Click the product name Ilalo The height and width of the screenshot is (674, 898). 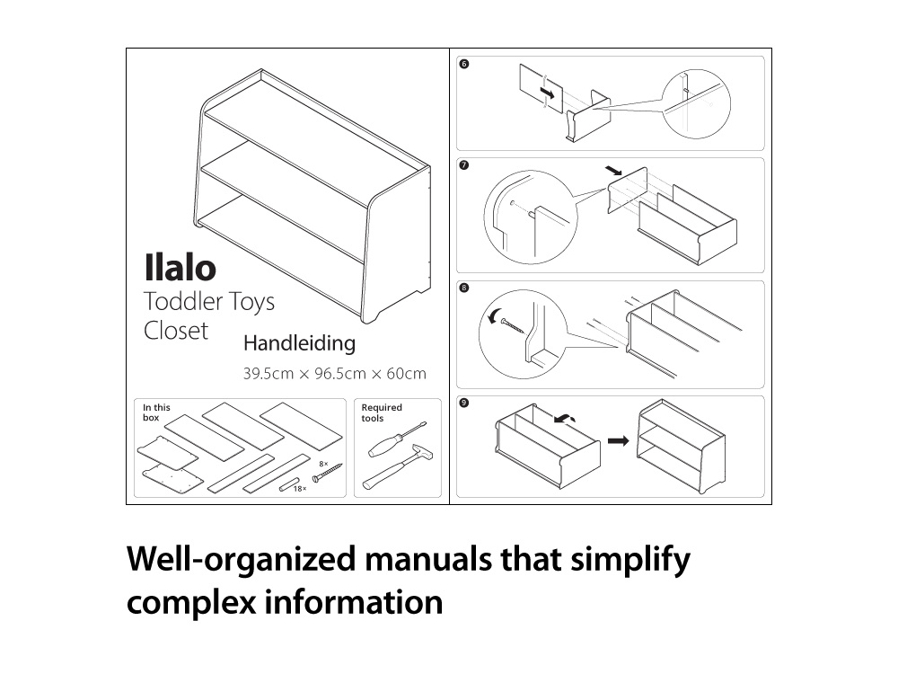[180, 268]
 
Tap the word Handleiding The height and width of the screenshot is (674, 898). [300, 343]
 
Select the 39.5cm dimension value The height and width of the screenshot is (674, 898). [269, 374]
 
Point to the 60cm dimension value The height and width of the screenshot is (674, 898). [407, 374]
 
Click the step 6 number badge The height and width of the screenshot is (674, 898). [464, 64]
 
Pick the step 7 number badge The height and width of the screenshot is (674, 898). [464, 165]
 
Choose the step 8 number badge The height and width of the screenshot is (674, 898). [464, 288]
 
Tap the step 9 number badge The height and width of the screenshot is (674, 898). [464, 403]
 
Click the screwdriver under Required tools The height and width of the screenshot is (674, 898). [396, 439]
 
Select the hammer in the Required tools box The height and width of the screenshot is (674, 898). [397, 467]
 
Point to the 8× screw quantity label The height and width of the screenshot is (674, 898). [323, 464]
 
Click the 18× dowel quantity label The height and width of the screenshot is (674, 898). [300, 489]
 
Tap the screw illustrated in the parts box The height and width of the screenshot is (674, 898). [327, 473]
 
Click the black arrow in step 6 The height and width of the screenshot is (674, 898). [548, 92]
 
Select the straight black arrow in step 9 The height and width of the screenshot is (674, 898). [618, 440]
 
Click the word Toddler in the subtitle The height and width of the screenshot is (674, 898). [182, 301]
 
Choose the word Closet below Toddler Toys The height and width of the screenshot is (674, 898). [176, 331]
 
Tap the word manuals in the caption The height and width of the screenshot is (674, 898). [428, 559]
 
